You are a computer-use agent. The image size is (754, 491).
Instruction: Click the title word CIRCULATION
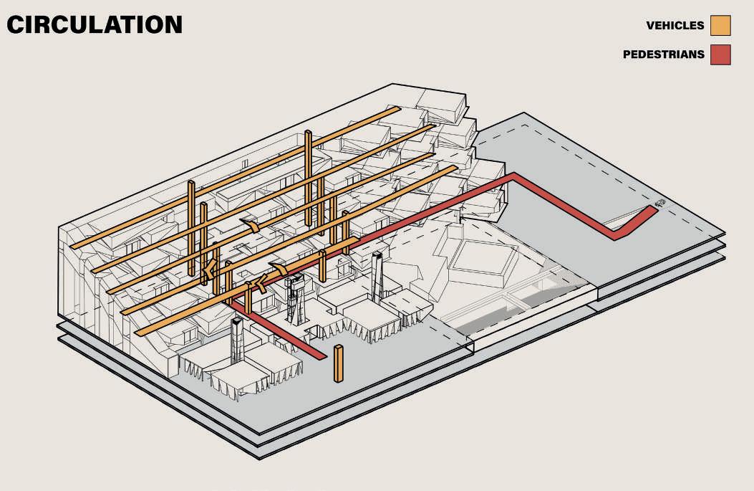click(x=95, y=25)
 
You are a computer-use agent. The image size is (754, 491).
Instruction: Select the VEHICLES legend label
click(x=675, y=26)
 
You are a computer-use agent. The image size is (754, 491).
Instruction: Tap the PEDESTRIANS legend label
click(x=664, y=54)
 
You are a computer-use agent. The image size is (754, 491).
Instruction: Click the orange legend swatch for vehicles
click(x=720, y=26)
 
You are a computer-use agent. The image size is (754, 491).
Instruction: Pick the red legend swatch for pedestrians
click(x=720, y=54)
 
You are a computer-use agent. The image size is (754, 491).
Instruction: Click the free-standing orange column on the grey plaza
click(x=339, y=363)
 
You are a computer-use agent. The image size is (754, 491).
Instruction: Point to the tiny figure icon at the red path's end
click(x=661, y=204)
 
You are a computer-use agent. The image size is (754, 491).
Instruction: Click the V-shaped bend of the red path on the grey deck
click(x=616, y=235)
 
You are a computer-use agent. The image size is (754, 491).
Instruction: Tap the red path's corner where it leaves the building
click(x=513, y=176)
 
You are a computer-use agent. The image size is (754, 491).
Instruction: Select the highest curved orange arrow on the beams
click(x=250, y=225)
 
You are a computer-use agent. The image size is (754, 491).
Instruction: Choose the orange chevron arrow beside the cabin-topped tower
click(x=260, y=284)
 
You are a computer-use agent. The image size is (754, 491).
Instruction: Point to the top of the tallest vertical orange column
click(x=308, y=132)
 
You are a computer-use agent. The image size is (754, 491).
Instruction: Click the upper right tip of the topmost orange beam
click(x=397, y=109)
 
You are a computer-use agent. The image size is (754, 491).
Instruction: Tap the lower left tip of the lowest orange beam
click(x=137, y=333)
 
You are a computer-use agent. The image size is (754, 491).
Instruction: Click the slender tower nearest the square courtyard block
click(x=377, y=277)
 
